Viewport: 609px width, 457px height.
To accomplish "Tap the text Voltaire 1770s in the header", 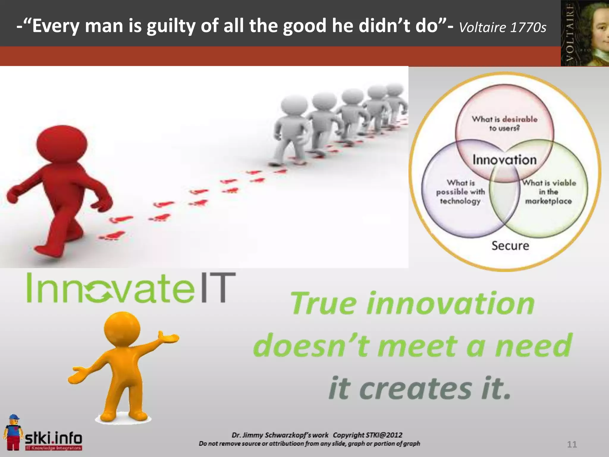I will (503, 27).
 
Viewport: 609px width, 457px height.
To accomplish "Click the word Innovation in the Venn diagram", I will (505, 160).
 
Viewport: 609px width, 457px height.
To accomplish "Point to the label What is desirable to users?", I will (505, 123).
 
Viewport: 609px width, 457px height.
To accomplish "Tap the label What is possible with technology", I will (461, 192).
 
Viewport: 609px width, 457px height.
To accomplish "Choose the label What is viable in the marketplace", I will (549, 192).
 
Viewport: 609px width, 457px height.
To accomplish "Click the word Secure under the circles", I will (510, 246).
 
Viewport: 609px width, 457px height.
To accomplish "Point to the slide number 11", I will (572, 445).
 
